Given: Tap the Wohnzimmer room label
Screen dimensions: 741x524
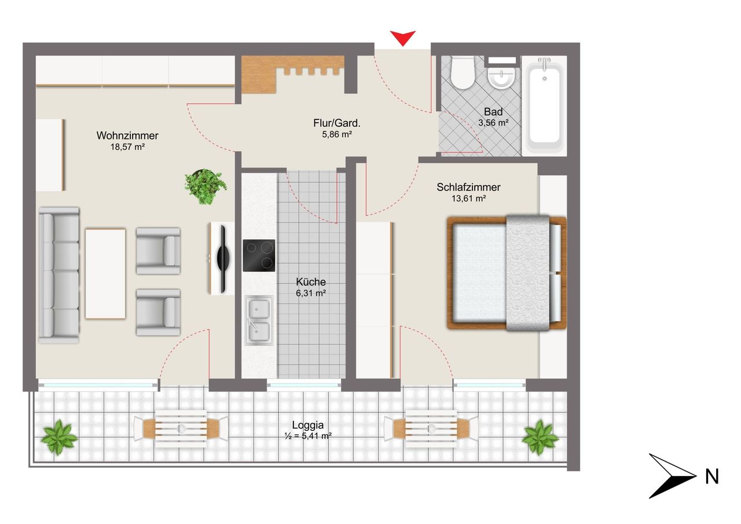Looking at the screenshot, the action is pyautogui.click(x=127, y=135).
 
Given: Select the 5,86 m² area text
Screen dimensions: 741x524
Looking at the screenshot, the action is pyautogui.click(x=337, y=134).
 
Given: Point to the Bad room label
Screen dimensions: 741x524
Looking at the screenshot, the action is pyautogui.click(x=493, y=112).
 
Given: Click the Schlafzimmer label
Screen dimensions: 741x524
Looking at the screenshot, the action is pyautogui.click(x=468, y=187).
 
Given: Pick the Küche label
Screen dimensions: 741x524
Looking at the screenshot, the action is pyautogui.click(x=311, y=282).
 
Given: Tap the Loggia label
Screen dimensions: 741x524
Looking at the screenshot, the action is pyautogui.click(x=307, y=425).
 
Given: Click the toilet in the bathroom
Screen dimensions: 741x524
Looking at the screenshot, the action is pyautogui.click(x=463, y=73).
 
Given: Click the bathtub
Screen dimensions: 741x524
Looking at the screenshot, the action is pyautogui.click(x=545, y=106).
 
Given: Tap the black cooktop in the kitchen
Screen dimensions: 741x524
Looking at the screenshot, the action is pyautogui.click(x=259, y=255).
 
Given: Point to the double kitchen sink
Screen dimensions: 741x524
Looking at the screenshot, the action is pyautogui.click(x=259, y=321).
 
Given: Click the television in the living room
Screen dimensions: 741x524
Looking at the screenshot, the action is pyautogui.click(x=222, y=259).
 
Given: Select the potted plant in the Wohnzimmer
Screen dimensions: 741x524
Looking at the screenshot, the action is pyautogui.click(x=205, y=186).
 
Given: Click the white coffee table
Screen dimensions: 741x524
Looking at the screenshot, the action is pyautogui.click(x=105, y=273).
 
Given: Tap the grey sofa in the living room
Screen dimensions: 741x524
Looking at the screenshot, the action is pyautogui.click(x=59, y=275).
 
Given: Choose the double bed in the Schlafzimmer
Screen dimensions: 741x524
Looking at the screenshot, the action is pyautogui.click(x=507, y=273).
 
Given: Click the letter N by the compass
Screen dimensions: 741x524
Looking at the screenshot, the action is pyautogui.click(x=712, y=477).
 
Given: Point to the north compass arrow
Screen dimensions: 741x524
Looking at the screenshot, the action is pyautogui.click(x=673, y=476).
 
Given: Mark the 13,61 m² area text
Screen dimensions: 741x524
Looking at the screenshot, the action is pyautogui.click(x=468, y=199).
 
